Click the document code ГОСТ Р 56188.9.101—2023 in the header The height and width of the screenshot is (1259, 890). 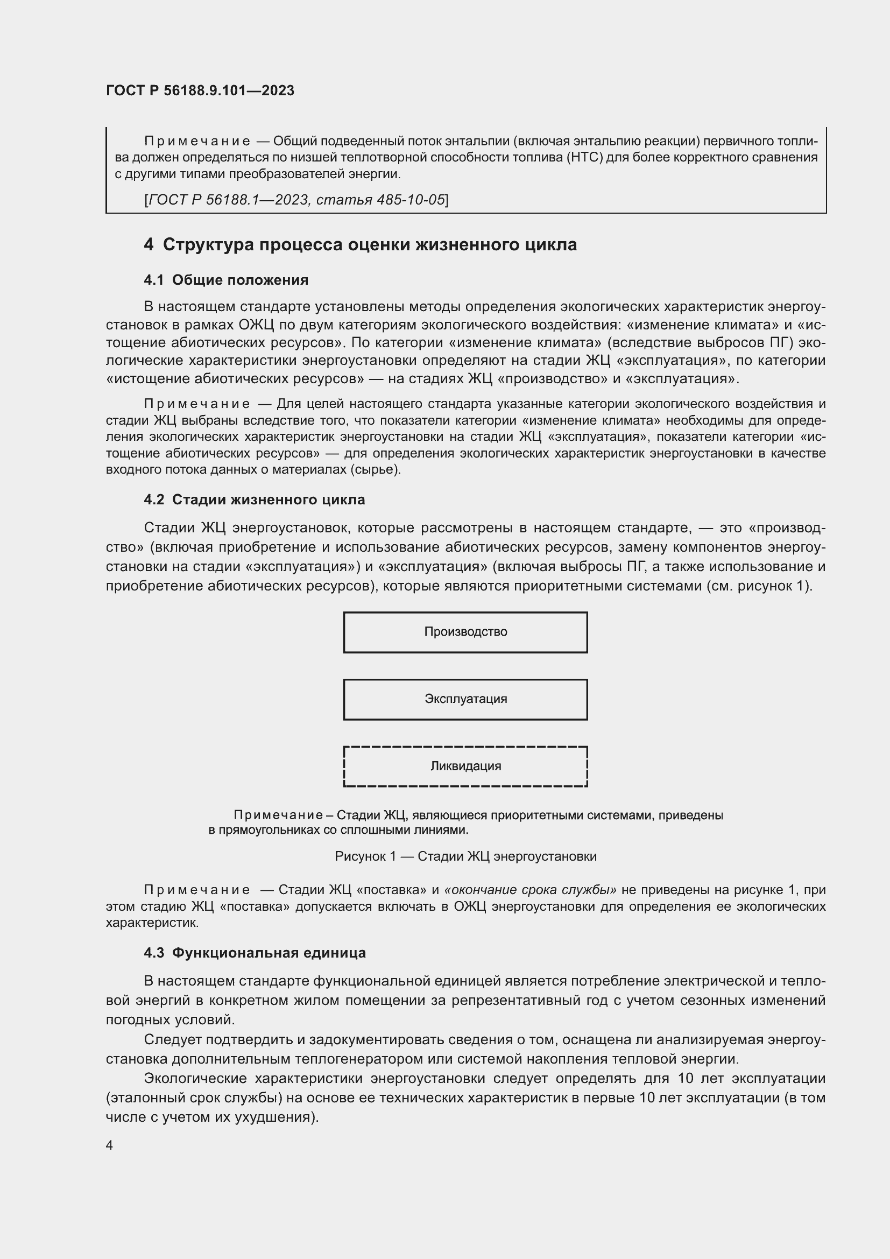pos(200,90)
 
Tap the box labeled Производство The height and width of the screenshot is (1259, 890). pos(465,632)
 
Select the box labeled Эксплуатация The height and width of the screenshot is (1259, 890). pos(465,699)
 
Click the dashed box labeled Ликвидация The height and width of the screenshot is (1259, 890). pos(465,766)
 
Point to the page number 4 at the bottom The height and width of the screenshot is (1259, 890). pos(110,1145)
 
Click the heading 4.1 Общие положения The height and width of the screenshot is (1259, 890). pos(226,280)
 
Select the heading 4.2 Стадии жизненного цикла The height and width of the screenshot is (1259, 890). pos(255,500)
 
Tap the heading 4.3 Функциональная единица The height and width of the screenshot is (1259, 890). pos(255,953)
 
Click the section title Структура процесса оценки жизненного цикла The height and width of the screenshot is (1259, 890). pos(370,244)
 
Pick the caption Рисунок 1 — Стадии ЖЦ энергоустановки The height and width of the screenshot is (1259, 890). pos(465,856)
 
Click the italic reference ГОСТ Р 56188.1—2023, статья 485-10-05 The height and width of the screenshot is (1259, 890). pos(296,200)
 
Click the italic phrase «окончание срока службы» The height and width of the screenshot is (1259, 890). pos(530,889)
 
